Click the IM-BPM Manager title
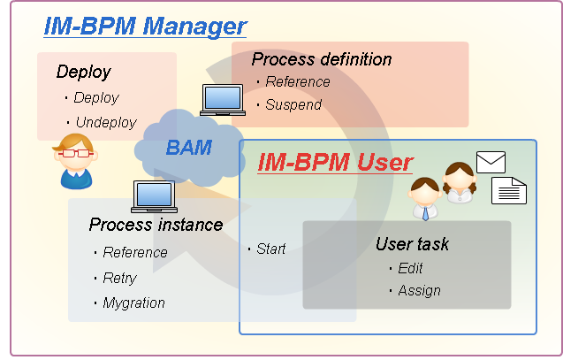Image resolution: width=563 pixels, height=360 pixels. tap(146, 27)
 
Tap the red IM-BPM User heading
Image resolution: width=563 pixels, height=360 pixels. tap(336, 162)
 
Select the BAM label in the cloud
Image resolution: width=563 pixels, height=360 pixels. tap(189, 148)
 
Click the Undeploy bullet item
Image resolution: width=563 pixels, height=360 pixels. tap(106, 123)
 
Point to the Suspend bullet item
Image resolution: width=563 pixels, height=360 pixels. tap(293, 104)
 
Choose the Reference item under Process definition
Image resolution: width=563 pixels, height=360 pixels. tap(298, 81)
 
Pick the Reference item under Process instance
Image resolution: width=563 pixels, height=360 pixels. tap(135, 252)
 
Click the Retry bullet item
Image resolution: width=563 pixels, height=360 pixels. tap(120, 278)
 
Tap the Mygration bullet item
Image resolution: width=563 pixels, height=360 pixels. tap(134, 303)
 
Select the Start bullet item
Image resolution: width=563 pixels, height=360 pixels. tap(271, 249)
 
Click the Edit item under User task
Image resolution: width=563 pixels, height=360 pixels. tap(410, 268)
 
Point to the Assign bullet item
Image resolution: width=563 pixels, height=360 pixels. tap(419, 290)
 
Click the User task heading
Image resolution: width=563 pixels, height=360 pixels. tap(412, 244)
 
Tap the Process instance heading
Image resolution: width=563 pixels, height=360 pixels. tap(156, 225)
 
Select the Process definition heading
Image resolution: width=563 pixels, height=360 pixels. tap(322, 59)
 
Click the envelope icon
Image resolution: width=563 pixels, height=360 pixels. tap(491, 162)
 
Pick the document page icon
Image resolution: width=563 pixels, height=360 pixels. tap(509, 190)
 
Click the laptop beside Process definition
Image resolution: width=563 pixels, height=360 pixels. tap(223, 100)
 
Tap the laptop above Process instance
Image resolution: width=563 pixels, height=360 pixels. tap(154, 196)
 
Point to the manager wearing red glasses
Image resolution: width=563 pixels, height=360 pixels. tap(75, 161)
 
